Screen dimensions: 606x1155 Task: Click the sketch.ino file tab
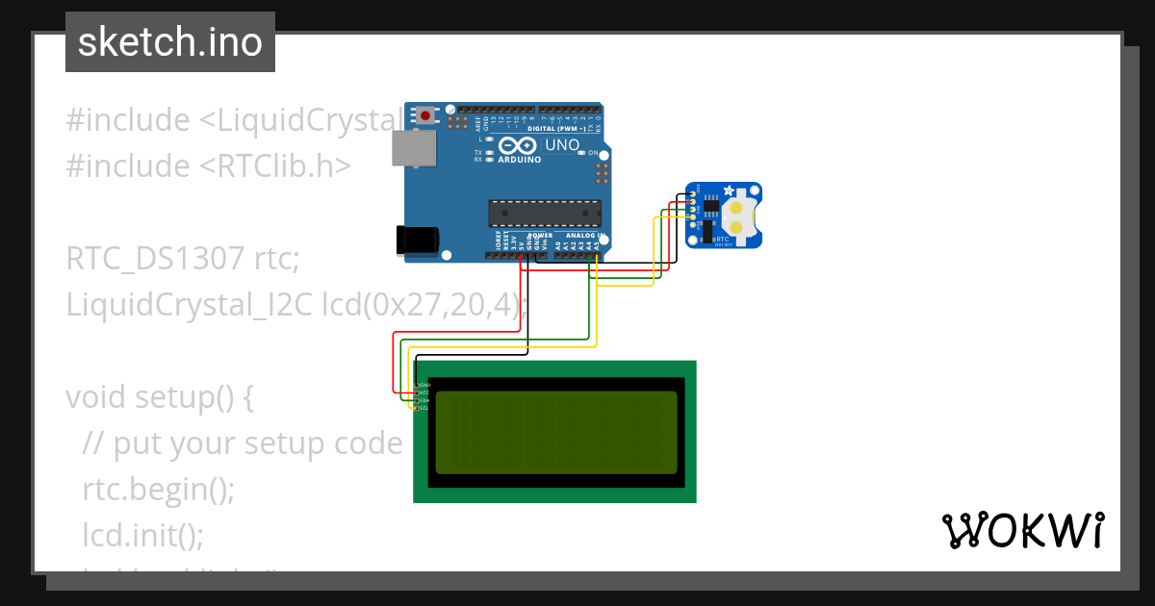[169, 42]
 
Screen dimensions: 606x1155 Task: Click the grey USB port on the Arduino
[413, 147]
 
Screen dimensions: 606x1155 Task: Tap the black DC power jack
[419, 240]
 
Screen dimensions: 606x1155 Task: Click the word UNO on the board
[562, 146]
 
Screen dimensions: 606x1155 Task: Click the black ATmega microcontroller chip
[545, 214]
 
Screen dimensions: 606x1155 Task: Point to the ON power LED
[582, 154]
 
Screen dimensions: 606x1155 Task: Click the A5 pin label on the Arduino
[597, 245]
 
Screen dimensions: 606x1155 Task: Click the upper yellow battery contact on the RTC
[736, 206]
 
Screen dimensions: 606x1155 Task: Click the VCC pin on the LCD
[423, 392]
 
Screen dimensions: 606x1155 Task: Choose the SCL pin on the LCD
[423, 408]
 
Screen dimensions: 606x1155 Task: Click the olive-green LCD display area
[557, 432]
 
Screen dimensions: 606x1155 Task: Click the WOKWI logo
[1022, 530]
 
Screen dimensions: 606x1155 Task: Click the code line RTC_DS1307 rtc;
[183, 260]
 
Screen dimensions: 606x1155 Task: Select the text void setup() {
[160, 396]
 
